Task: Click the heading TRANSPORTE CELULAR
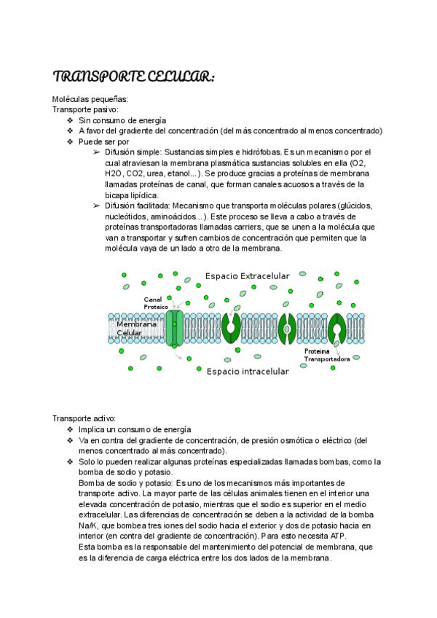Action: click(133, 78)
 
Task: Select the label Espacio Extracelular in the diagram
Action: click(247, 276)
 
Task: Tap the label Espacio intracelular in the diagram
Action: click(247, 371)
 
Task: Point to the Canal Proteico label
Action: click(156, 303)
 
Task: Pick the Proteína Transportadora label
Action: click(327, 355)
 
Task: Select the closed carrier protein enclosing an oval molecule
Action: click(286, 329)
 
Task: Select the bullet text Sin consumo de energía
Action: click(122, 120)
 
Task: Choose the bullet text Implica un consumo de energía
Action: click(135, 429)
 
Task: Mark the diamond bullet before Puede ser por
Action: click(70, 141)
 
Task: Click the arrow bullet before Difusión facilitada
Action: click(97, 206)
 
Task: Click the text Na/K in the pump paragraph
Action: click(87, 525)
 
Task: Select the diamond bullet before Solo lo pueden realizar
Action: click(70, 462)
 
